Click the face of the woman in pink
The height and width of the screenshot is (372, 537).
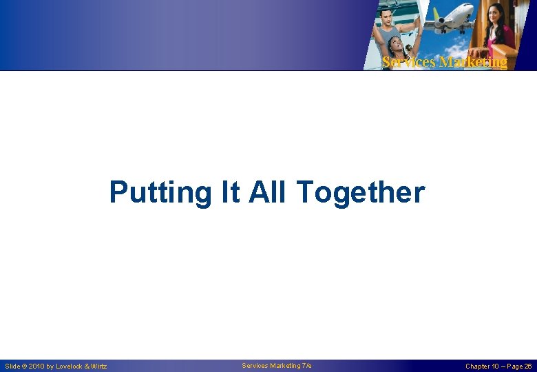pyautogui.click(x=496, y=14)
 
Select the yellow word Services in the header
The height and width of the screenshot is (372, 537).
pyautogui.click(x=408, y=62)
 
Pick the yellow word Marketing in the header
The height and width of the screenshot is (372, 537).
pyautogui.click(x=474, y=62)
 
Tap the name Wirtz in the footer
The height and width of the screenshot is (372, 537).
pyautogui.click(x=98, y=366)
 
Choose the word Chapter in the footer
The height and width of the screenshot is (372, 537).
pyautogui.click(x=478, y=366)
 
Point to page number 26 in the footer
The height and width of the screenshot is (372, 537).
pyautogui.click(x=527, y=366)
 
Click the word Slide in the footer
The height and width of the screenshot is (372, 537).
pyautogui.click(x=12, y=366)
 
